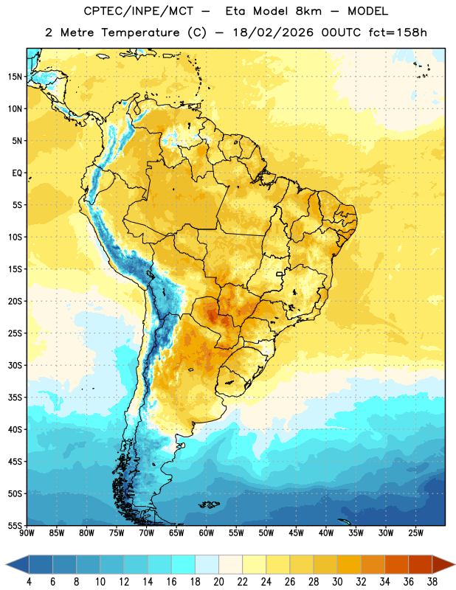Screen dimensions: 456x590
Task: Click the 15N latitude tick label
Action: click(15, 77)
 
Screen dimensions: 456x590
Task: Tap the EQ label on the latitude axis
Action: click(17, 173)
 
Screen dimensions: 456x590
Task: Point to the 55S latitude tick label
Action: click(15, 525)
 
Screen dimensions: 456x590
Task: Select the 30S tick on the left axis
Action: click(15, 365)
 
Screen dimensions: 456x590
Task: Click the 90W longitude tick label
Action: click(27, 533)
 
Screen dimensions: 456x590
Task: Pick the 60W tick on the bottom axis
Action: click(207, 533)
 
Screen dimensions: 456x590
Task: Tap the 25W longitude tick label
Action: click(415, 533)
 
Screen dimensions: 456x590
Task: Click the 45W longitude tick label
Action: click(296, 533)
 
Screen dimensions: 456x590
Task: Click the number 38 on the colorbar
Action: click(432, 582)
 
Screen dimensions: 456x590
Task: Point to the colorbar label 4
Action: click(29, 582)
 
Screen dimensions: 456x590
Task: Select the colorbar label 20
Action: click(218, 582)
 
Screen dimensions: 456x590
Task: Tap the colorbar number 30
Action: click(337, 582)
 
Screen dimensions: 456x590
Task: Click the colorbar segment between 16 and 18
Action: click(184, 564)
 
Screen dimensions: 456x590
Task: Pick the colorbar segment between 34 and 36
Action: click(397, 564)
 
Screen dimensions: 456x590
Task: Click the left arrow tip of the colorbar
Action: click(6, 564)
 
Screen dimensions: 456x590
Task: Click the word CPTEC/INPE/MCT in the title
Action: click(139, 11)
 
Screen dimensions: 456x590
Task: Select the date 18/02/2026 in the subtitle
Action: click(273, 32)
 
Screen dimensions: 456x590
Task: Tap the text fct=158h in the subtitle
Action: click(398, 32)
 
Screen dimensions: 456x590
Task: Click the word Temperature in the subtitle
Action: click(140, 32)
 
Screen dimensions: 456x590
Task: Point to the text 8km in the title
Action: click(308, 11)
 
